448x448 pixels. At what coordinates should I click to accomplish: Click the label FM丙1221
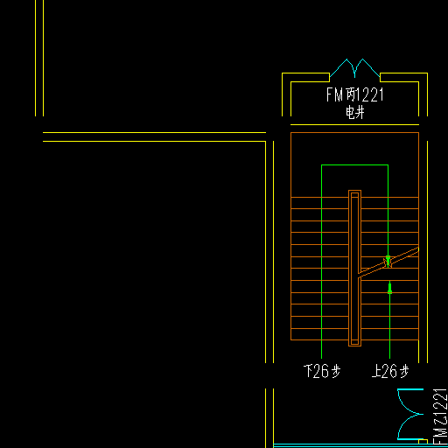[354, 94]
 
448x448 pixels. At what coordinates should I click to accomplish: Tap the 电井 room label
[355, 113]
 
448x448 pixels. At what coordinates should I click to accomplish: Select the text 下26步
[322, 371]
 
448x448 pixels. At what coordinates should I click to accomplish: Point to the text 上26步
[390, 371]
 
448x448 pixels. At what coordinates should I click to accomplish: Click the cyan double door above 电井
[354, 68]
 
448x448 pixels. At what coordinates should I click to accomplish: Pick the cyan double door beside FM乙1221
[410, 414]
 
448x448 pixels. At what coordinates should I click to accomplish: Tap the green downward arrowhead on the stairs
[388, 260]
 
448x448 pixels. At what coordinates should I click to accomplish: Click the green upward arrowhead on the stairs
[389, 288]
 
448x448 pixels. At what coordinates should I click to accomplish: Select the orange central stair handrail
[354, 268]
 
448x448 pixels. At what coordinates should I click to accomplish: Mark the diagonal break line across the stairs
[388, 262]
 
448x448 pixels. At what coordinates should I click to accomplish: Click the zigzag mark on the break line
[388, 262]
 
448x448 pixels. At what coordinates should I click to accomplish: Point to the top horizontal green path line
[354, 165]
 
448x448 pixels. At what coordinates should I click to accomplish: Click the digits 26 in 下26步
[320, 371]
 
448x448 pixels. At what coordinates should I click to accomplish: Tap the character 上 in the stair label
[376, 371]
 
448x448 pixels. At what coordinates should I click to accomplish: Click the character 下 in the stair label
[308, 371]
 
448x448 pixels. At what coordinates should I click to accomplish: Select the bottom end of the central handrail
[354, 346]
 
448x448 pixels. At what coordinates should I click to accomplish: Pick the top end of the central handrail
[354, 191]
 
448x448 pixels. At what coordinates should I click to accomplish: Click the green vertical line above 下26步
[321, 262]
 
